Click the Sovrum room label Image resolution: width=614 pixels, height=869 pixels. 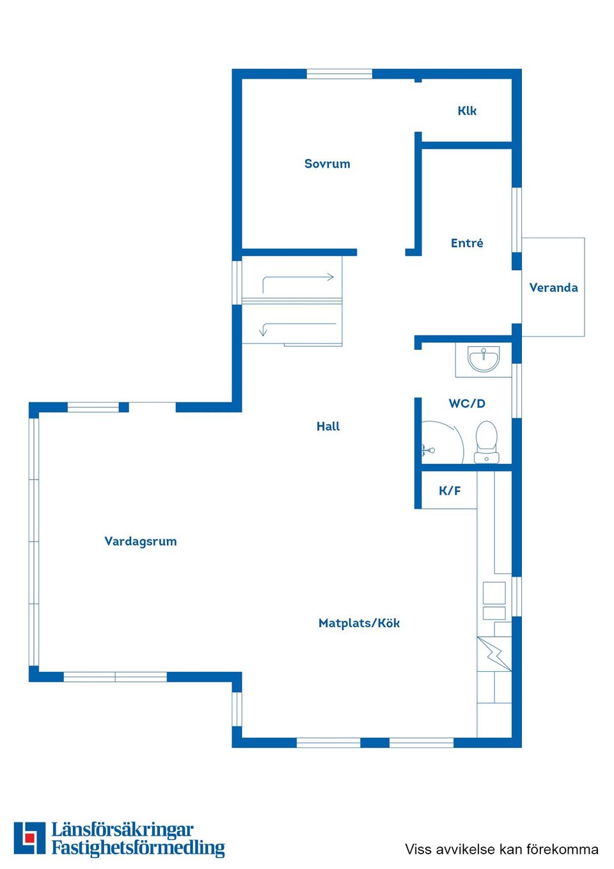[327, 164]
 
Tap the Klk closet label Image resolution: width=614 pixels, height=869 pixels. [467, 111]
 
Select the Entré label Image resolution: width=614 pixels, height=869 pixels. [467, 243]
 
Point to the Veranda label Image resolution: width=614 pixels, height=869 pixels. [553, 287]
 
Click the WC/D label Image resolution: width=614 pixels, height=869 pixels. [467, 403]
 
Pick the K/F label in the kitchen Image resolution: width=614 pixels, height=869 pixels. [450, 491]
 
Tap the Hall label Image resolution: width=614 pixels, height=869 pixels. [328, 426]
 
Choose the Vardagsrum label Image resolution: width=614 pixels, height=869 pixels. [140, 541]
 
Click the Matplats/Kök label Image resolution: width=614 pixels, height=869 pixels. [359, 623]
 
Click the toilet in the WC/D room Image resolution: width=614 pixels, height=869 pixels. [487, 442]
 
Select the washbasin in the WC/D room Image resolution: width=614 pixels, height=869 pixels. [484, 359]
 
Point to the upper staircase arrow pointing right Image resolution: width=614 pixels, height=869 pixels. [298, 277]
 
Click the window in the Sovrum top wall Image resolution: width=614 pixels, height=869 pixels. [340, 74]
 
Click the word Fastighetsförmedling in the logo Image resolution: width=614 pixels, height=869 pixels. [138, 848]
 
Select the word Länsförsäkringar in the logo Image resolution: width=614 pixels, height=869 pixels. [123, 830]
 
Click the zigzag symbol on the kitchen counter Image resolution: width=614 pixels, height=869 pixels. [494, 654]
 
